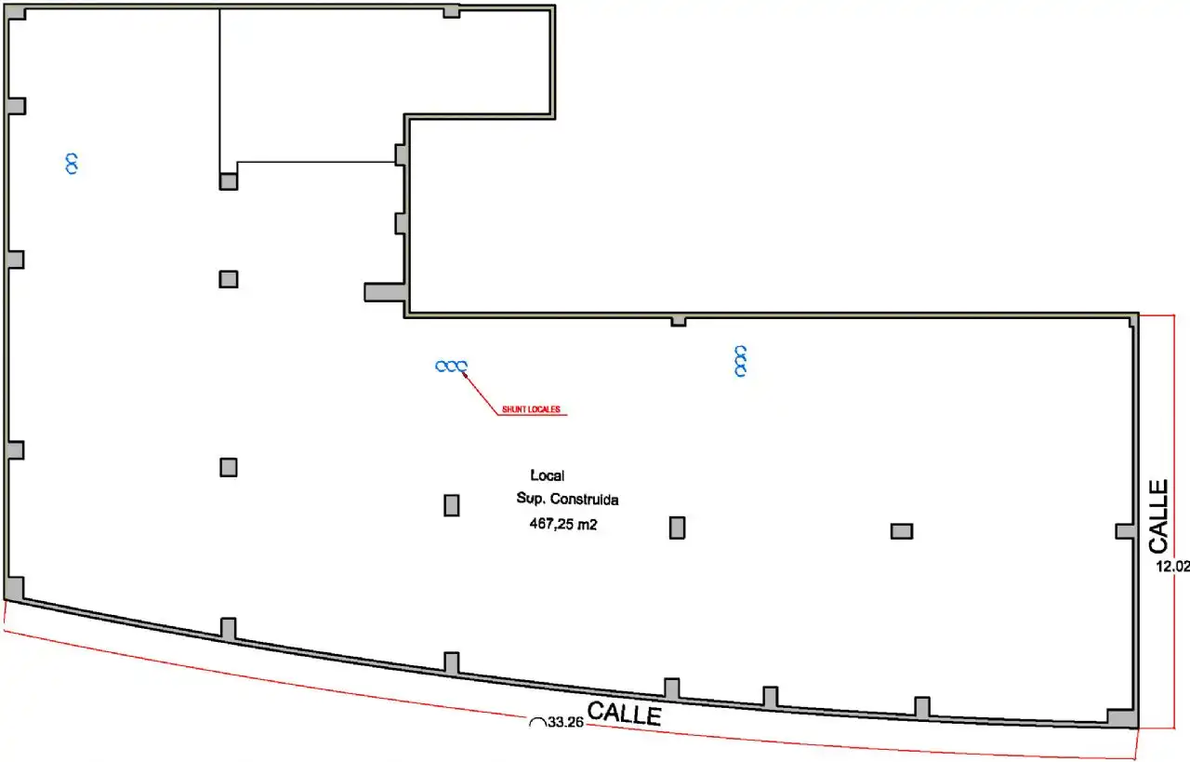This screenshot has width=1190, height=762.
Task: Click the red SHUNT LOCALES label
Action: coord(531,409)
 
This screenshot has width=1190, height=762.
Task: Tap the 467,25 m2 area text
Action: coord(563,525)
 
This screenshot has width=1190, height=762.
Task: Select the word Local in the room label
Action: coord(548,475)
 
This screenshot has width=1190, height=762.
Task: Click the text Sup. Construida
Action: coord(567,500)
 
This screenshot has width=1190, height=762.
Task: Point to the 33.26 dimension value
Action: coord(566,722)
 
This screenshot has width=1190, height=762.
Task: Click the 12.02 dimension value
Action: coord(1172,567)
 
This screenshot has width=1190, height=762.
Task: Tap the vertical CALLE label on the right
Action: coord(1158,516)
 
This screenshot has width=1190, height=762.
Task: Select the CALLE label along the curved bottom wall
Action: coord(625,713)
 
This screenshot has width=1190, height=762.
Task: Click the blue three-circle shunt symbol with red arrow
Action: coord(451,367)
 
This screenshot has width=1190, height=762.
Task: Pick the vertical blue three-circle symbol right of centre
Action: coord(741,361)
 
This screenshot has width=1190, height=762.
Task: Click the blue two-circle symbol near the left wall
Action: coord(72,164)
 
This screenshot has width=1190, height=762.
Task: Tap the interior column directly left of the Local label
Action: coord(452,505)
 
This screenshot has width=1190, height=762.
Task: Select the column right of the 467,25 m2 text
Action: coord(678,528)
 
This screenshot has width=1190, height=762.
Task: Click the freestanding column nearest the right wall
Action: coord(902,531)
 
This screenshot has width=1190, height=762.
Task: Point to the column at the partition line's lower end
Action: coord(229,181)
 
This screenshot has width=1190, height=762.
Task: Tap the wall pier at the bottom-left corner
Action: coord(14,589)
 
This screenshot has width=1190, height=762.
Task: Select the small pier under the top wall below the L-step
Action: coord(679,321)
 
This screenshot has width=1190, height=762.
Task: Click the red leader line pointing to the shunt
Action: coord(481,394)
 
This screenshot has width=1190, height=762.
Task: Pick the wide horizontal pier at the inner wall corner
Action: coord(384,292)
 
